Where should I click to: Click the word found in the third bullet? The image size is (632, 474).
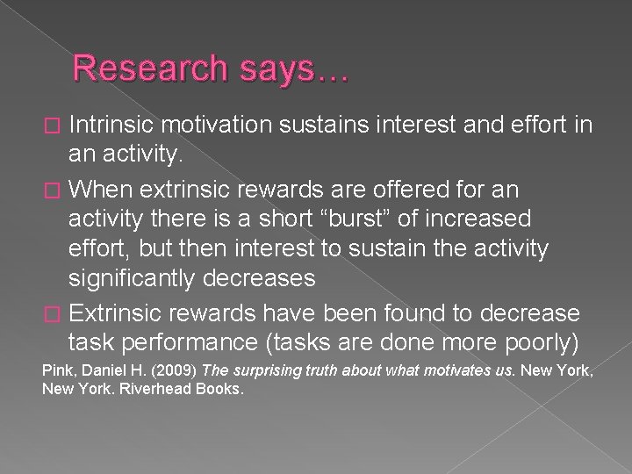point(424,312)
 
